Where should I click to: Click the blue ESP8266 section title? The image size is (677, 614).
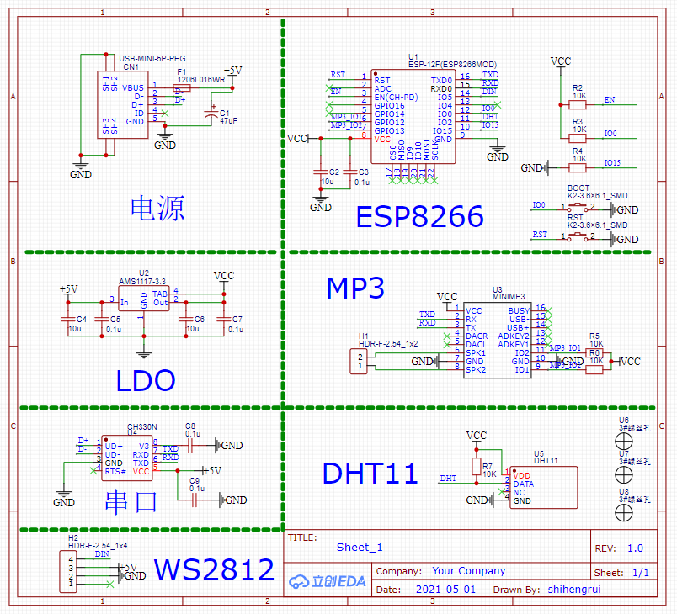[419, 216]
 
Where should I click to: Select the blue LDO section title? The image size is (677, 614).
[145, 380]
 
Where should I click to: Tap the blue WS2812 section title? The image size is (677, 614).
[214, 569]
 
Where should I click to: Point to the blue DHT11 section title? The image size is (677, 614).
[370, 474]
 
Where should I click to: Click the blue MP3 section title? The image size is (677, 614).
[354, 288]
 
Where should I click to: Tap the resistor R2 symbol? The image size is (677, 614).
[578, 104]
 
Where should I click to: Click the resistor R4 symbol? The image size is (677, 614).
[578, 167]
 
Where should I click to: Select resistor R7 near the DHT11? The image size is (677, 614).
[477, 467]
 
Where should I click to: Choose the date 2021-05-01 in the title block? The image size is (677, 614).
[445, 590]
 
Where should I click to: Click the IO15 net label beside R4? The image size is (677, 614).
[612, 163]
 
